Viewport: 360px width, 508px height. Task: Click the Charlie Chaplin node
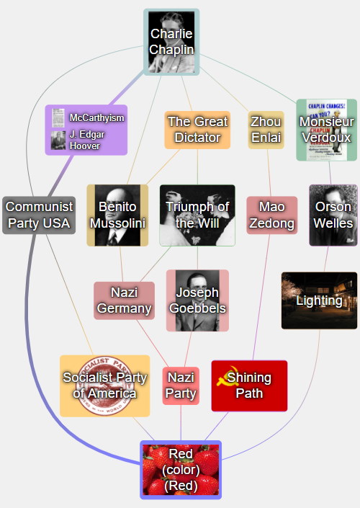[x=171, y=42]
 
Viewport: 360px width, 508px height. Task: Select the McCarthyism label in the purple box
[x=96, y=117]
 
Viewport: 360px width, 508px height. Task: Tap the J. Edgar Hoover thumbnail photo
[x=58, y=141]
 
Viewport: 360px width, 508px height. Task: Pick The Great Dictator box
[x=197, y=130]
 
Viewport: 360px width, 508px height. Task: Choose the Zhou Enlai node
[x=266, y=130]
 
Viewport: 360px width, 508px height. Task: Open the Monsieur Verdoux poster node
[x=327, y=130]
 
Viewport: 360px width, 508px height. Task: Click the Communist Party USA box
[x=39, y=215]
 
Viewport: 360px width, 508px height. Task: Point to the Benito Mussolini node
[x=117, y=215]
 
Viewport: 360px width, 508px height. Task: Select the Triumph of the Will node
[x=197, y=215]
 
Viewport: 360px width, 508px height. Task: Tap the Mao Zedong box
[x=272, y=215]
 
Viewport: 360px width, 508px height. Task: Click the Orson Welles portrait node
[x=333, y=215]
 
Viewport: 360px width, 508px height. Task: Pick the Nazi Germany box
[x=125, y=300]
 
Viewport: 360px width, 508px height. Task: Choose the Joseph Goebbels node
[x=197, y=300]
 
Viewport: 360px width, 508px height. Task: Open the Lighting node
[x=319, y=300]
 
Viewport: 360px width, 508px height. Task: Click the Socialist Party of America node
[x=105, y=386]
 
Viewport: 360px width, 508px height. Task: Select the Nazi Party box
[x=181, y=386]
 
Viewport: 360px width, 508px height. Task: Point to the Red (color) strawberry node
[x=181, y=470]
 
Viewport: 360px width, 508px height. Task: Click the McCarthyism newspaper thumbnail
[x=58, y=118]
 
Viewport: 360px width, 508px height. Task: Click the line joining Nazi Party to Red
[x=181, y=423]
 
